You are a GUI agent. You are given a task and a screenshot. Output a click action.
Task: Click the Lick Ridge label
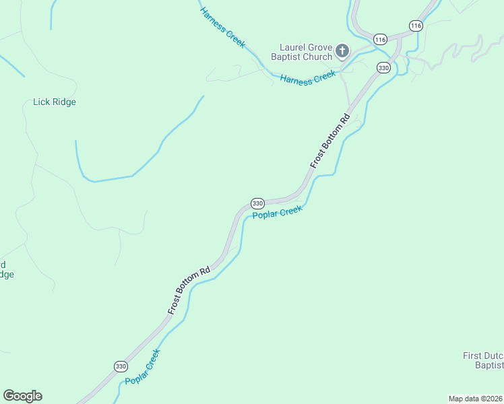(55, 102)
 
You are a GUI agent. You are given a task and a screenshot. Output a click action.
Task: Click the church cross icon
(342, 51)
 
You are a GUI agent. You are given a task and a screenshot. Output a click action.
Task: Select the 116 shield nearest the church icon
(381, 40)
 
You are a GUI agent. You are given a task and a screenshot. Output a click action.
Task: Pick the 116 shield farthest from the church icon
(416, 26)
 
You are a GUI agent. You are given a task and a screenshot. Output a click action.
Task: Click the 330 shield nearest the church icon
(383, 68)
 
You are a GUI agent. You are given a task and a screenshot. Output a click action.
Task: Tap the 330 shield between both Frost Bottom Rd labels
(257, 203)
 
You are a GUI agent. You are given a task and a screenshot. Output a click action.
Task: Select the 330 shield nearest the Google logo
(121, 366)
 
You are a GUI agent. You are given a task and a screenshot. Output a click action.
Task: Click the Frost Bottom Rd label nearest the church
(331, 141)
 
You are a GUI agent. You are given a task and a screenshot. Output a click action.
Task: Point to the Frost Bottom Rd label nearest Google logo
(189, 289)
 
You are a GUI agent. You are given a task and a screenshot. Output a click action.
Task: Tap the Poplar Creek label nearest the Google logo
(143, 368)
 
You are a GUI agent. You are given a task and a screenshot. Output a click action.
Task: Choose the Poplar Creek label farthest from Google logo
(278, 212)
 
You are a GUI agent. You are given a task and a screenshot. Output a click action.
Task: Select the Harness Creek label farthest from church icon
(222, 28)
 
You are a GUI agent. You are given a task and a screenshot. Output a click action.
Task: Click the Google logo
(22, 396)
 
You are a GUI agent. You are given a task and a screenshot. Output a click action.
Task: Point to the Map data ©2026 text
(475, 398)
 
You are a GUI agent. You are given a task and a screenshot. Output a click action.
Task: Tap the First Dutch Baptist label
(483, 360)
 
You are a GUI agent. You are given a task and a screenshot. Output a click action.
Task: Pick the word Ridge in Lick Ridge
(64, 102)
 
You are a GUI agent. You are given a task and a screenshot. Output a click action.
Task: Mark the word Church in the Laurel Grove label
(317, 57)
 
